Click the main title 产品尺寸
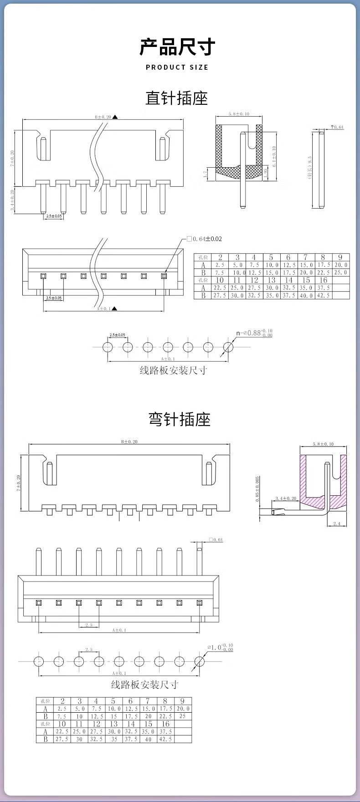[177, 47]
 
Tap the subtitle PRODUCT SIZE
[177, 67]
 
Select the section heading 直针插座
[177, 98]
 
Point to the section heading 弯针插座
[180, 419]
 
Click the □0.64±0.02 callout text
[204, 239]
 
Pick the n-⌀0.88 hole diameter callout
[254, 333]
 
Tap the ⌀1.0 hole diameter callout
[220, 647]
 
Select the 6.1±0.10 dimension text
[274, 157]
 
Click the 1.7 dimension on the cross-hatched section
[206, 173]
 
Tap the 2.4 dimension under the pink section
[337, 524]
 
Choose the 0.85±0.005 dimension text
[257, 489]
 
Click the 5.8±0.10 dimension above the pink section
[323, 444]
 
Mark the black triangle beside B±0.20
[115, 117]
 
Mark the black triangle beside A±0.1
[115, 308]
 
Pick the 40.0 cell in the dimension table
[306, 295]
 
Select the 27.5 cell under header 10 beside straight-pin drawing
[220, 295]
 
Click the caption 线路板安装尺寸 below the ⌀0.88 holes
[173, 370]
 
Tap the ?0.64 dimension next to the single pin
[337, 127]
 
